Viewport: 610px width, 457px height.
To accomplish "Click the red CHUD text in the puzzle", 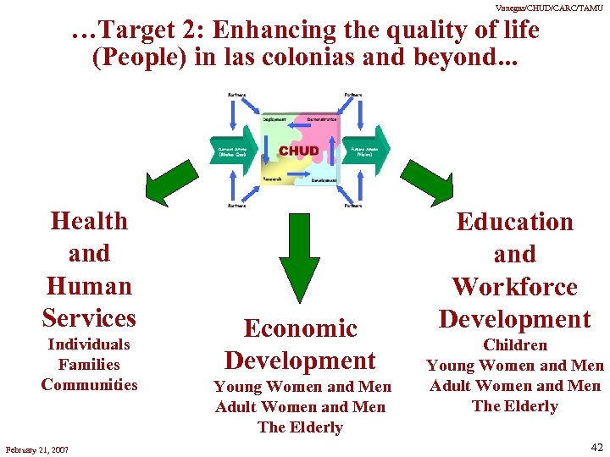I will tap(299, 151).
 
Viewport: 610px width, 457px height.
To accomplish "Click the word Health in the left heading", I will tap(89, 221).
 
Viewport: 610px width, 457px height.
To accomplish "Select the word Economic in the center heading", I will tap(300, 328).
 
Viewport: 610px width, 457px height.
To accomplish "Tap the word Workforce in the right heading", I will tap(514, 287).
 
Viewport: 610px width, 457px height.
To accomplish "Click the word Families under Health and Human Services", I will tap(89, 365).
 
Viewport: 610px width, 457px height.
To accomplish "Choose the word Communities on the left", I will tap(89, 385).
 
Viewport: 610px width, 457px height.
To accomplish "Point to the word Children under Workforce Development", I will tap(515, 345).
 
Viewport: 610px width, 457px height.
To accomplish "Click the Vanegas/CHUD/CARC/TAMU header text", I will tap(549, 7).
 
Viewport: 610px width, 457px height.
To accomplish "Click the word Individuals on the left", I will tap(89, 344).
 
